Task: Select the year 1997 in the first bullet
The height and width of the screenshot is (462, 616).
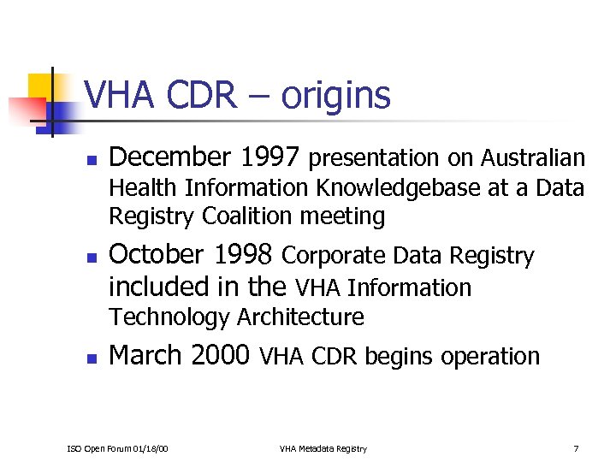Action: pos(270,157)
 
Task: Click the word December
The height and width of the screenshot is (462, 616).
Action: pos(171,157)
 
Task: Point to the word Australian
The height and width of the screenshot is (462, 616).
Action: pos(533,158)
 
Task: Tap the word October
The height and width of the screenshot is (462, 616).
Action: pos(157,255)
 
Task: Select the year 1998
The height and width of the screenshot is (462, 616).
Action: pos(244,255)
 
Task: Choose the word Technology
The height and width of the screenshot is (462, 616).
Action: pos(170,317)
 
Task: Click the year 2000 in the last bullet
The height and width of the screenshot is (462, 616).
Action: pos(221,355)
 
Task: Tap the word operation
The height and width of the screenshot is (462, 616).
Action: pos(492,356)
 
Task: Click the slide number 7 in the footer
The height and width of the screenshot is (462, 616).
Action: pos(577,448)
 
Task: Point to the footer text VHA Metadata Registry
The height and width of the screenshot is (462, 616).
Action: pos(323,448)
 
